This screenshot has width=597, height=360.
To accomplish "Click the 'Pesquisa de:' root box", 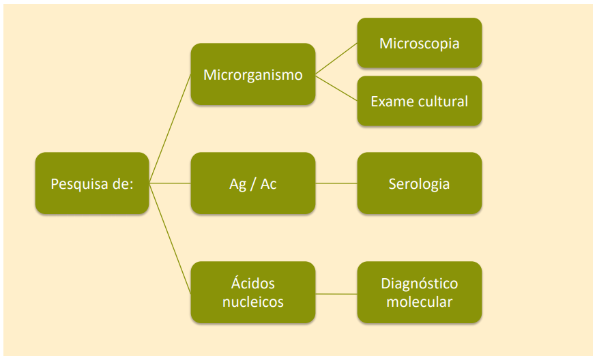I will tap(91, 183).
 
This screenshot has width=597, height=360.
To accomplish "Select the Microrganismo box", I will tap(252, 74).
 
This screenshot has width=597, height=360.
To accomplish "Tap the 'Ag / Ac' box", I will tap(252, 183).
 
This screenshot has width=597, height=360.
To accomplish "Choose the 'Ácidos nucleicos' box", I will tap(252, 292).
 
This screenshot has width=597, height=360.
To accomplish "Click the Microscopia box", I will tap(419, 43).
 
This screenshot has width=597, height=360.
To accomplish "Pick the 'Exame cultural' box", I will tap(419, 101).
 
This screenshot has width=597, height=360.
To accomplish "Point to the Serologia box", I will tap(419, 183).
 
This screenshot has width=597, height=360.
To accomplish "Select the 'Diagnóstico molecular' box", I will tap(419, 292).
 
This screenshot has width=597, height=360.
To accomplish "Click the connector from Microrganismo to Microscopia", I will tap(336, 59).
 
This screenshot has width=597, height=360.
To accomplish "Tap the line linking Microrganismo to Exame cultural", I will tap(336, 87).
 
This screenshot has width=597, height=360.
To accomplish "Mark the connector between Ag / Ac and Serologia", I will tap(336, 183).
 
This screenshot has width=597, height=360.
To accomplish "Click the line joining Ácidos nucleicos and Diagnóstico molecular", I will tap(336, 293).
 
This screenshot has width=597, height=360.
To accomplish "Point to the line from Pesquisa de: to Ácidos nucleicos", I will tap(170, 238).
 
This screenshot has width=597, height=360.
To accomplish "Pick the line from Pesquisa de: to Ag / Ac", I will tap(170, 183).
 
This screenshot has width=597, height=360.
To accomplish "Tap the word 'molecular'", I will tap(419, 301).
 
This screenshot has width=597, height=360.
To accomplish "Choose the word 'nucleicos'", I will tap(252, 301).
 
